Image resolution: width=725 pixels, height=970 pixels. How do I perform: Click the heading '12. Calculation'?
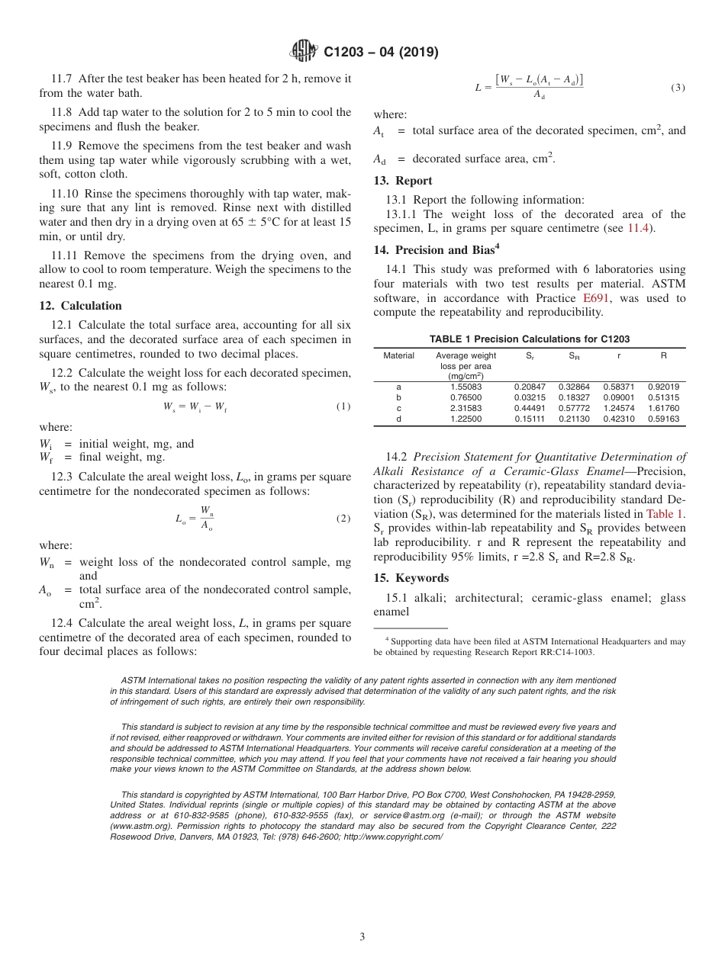point(80,306)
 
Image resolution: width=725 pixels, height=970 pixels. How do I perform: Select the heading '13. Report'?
point(402,181)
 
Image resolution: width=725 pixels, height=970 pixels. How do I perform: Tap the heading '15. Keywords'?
point(411,578)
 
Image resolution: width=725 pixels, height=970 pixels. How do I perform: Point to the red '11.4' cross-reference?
point(639,228)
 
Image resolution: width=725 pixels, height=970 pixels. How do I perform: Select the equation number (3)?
point(678,88)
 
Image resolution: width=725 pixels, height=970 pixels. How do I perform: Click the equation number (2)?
point(343,519)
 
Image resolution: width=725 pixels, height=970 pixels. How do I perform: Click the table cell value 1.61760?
point(663,408)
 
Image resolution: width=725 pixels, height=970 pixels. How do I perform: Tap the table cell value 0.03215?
point(530,397)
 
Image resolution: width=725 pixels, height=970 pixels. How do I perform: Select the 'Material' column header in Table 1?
point(398,355)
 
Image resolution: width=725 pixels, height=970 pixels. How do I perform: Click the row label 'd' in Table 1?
point(398,419)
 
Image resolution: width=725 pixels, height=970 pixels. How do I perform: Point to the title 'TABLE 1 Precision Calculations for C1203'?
point(530,339)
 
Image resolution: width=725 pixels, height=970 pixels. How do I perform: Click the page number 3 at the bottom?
point(362,936)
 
